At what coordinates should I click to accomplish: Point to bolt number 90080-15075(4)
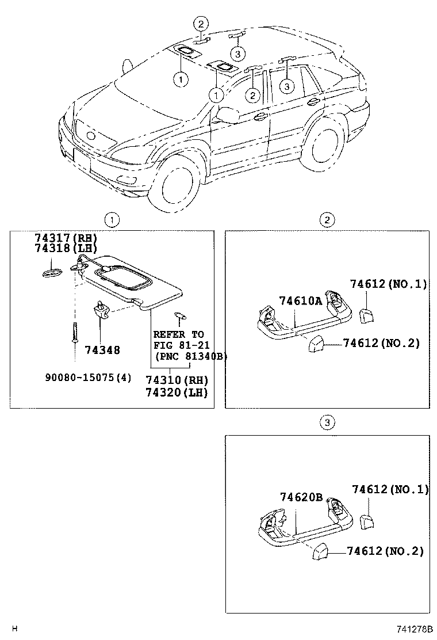coord(88,378)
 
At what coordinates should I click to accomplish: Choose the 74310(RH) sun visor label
coord(176,380)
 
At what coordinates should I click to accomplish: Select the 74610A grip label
coord(301,301)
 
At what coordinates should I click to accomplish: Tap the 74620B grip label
coord(301,497)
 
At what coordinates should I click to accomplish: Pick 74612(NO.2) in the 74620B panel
coord(385,551)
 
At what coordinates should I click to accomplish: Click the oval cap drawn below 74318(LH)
coord(52,272)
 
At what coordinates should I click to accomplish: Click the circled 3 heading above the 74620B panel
coord(326,423)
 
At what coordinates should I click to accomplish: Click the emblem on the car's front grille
coord(90,136)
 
